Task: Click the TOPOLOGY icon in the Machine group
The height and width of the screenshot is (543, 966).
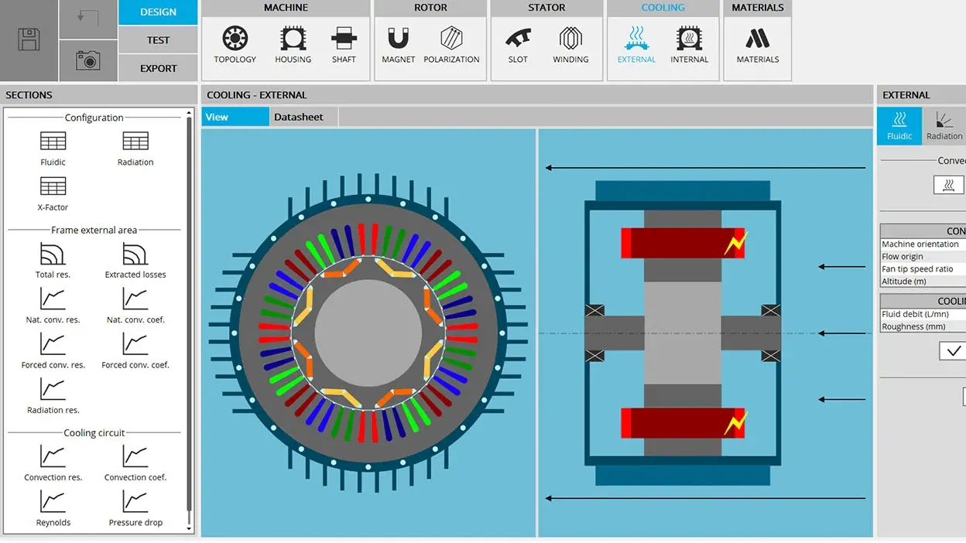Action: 235,38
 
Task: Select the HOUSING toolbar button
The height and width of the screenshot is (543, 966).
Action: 293,38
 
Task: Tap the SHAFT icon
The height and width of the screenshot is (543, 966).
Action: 344,38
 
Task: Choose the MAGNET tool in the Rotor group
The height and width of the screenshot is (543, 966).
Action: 398,38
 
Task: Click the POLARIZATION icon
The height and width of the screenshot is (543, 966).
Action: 451,38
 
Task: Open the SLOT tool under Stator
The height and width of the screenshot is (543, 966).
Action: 518,38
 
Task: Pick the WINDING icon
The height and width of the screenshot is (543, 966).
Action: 570,38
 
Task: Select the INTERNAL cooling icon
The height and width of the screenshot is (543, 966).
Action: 689,38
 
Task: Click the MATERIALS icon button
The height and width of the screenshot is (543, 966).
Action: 758,39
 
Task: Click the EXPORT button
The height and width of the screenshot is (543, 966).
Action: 158,68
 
